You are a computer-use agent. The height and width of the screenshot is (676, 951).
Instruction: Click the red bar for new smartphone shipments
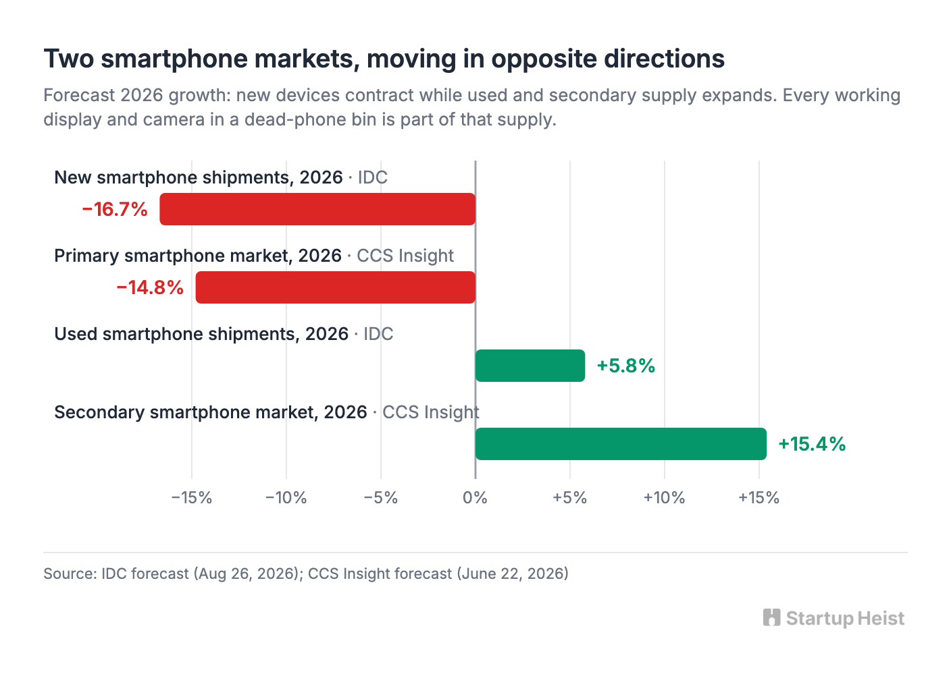click(x=317, y=209)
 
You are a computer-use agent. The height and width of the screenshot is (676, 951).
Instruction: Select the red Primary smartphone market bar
click(x=336, y=287)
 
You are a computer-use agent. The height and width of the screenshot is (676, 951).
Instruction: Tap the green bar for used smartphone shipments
click(x=530, y=366)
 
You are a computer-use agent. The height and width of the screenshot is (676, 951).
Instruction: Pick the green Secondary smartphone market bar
click(x=621, y=444)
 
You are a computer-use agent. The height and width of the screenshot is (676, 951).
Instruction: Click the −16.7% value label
click(x=115, y=210)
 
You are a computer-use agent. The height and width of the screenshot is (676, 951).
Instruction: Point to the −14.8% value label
click(x=150, y=287)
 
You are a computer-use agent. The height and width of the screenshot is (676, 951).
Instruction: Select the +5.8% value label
click(x=626, y=366)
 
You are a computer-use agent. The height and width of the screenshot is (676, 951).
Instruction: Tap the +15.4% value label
click(x=812, y=444)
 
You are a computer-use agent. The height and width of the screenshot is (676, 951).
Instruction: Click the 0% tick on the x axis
click(x=475, y=497)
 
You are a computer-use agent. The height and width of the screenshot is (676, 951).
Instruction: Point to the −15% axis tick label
click(x=191, y=497)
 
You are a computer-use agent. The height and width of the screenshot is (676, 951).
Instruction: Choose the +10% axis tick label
click(x=665, y=497)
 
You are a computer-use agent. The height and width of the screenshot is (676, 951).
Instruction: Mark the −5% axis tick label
click(x=381, y=497)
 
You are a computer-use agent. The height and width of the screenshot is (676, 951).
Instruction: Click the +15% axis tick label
click(x=759, y=497)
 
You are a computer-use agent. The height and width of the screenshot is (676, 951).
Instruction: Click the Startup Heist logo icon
click(x=771, y=617)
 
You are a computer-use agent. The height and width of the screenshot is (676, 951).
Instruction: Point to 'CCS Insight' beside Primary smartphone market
click(x=405, y=256)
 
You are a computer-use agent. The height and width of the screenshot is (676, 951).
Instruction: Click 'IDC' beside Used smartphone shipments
click(x=378, y=334)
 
